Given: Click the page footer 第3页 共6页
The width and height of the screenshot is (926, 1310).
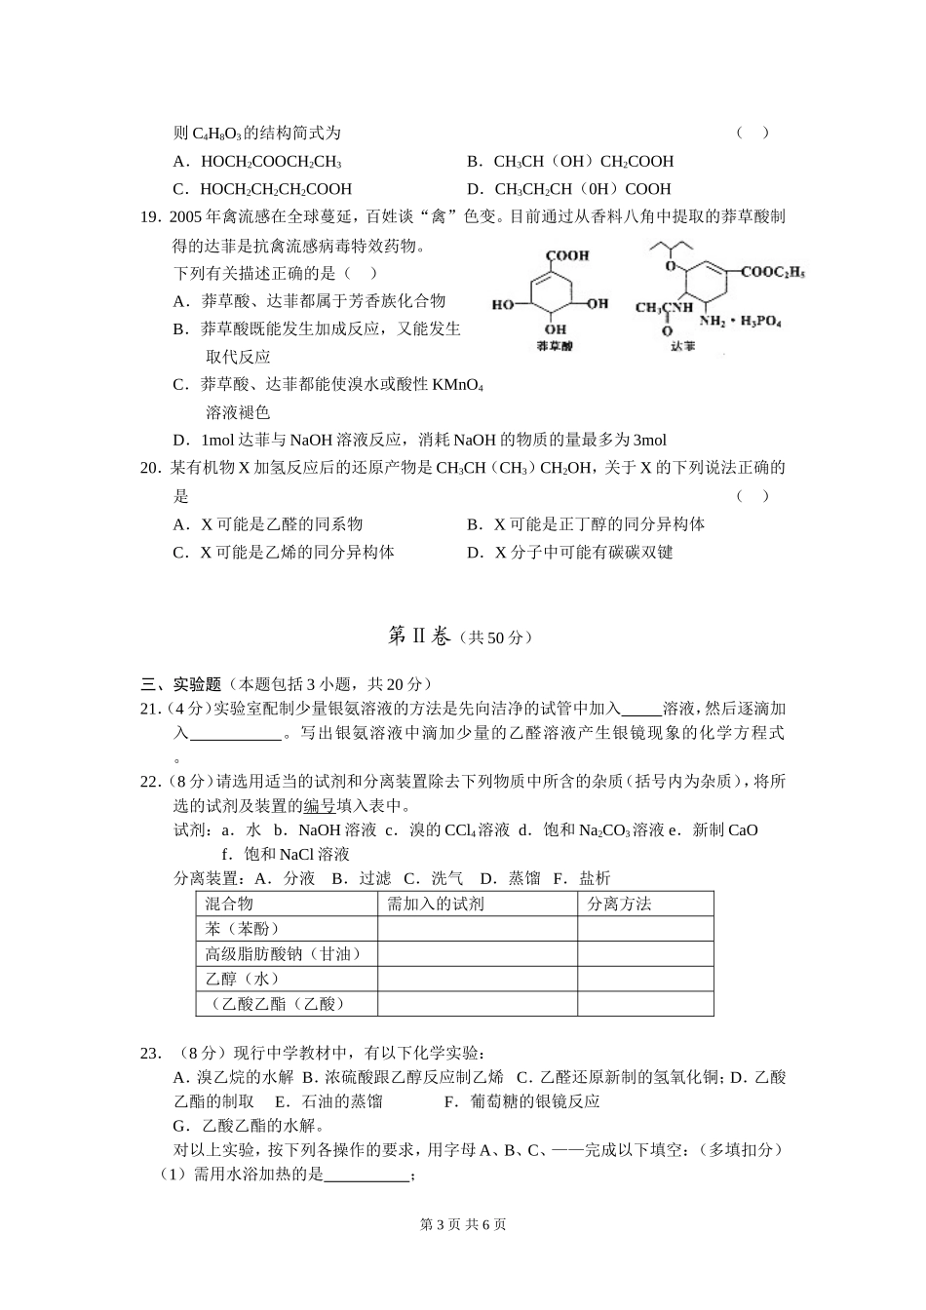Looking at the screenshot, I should pyautogui.click(x=462, y=1224).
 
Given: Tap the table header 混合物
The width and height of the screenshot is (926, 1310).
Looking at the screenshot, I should pyautogui.click(x=229, y=904).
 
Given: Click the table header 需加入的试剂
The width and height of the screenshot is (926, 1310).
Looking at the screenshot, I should pyautogui.click(x=435, y=904).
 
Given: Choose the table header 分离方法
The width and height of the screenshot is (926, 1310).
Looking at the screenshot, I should pyautogui.click(x=619, y=904).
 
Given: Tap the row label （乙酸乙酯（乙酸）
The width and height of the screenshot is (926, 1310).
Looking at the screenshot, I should pyautogui.click(x=277, y=1003).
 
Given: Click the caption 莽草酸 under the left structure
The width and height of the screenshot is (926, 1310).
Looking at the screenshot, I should pyautogui.click(x=555, y=346).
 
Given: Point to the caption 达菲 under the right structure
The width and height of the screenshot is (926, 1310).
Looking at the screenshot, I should pyautogui.click(x=682, y=345).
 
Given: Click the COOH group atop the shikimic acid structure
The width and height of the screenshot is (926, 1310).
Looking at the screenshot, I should pyautogui.click(x=566, y=255).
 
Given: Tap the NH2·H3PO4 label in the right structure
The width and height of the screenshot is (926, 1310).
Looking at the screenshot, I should pyautogui.click(x=740, y=321).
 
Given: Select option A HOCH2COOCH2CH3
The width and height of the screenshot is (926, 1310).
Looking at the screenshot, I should pyautogui.click(x=270, y=162).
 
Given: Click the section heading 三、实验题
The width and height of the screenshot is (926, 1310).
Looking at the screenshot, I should pyautogui.click(x=181, y=684).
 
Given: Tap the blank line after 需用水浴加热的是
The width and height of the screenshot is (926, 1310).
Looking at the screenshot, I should pyautogui.click(x=366, y=1175).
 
